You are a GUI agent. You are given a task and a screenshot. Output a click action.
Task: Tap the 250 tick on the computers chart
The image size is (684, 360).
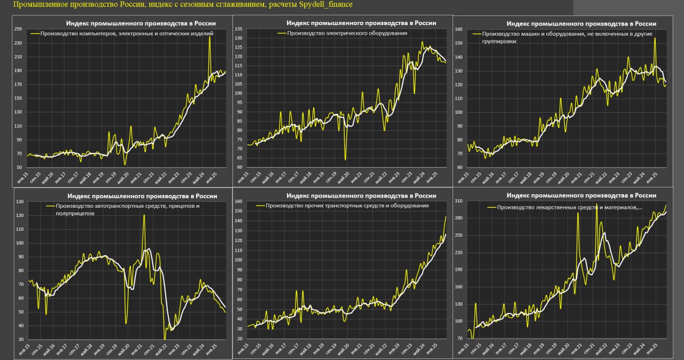click(18, 29)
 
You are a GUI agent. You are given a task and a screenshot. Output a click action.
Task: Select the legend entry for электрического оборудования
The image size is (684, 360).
click(347, 33)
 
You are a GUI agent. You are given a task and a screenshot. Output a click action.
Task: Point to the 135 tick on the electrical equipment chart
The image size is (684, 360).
click(238, 29)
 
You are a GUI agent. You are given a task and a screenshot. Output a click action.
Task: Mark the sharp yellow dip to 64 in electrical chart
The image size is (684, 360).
click(345, 159)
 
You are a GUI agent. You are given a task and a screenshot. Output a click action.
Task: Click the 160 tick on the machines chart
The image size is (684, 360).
click(458, 29)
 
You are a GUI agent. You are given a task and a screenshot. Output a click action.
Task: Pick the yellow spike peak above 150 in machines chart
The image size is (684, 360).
click(655, 38)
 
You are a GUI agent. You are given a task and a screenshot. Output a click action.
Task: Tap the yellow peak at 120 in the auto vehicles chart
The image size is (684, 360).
click(144, 215)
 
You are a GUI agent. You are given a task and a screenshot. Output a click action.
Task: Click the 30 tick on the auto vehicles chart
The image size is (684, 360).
click(20, 339)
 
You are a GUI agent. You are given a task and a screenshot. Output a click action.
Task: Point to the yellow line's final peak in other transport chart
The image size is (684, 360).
click(446, 216)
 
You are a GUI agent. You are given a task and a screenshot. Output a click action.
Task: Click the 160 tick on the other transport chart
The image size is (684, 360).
click(238, 202)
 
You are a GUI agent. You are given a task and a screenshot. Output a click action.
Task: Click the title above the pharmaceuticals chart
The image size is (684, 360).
click(581, 195)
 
